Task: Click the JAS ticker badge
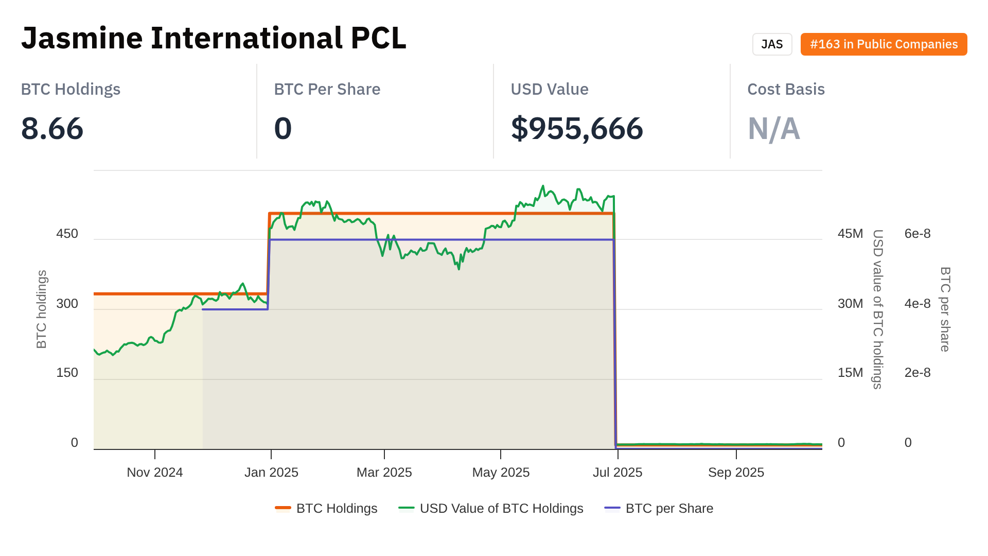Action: tap(772, 44)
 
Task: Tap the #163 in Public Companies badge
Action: tap(884, 44)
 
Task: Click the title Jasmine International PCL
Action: tap(214, 38)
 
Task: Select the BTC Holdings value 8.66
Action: tap(52, 128)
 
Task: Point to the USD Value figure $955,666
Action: tap(576, 128)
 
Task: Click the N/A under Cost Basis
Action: tap(773, 128)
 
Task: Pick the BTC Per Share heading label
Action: tap(327, 89)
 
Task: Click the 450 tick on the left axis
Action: tap(67, 234)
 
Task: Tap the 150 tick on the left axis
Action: tap(67, 373)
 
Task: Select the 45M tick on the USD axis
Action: tap(850, 234)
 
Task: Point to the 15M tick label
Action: tap(850, 373)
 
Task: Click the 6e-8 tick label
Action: tap(917, 234)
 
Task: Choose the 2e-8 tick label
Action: tap(917, 373)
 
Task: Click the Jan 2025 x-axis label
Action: tap(271, 473)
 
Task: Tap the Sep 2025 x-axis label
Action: tap(736, 473)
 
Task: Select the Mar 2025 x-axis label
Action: tap(384, 473)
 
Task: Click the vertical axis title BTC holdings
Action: tap(42, 309)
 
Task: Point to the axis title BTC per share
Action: tap(945, 309)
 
